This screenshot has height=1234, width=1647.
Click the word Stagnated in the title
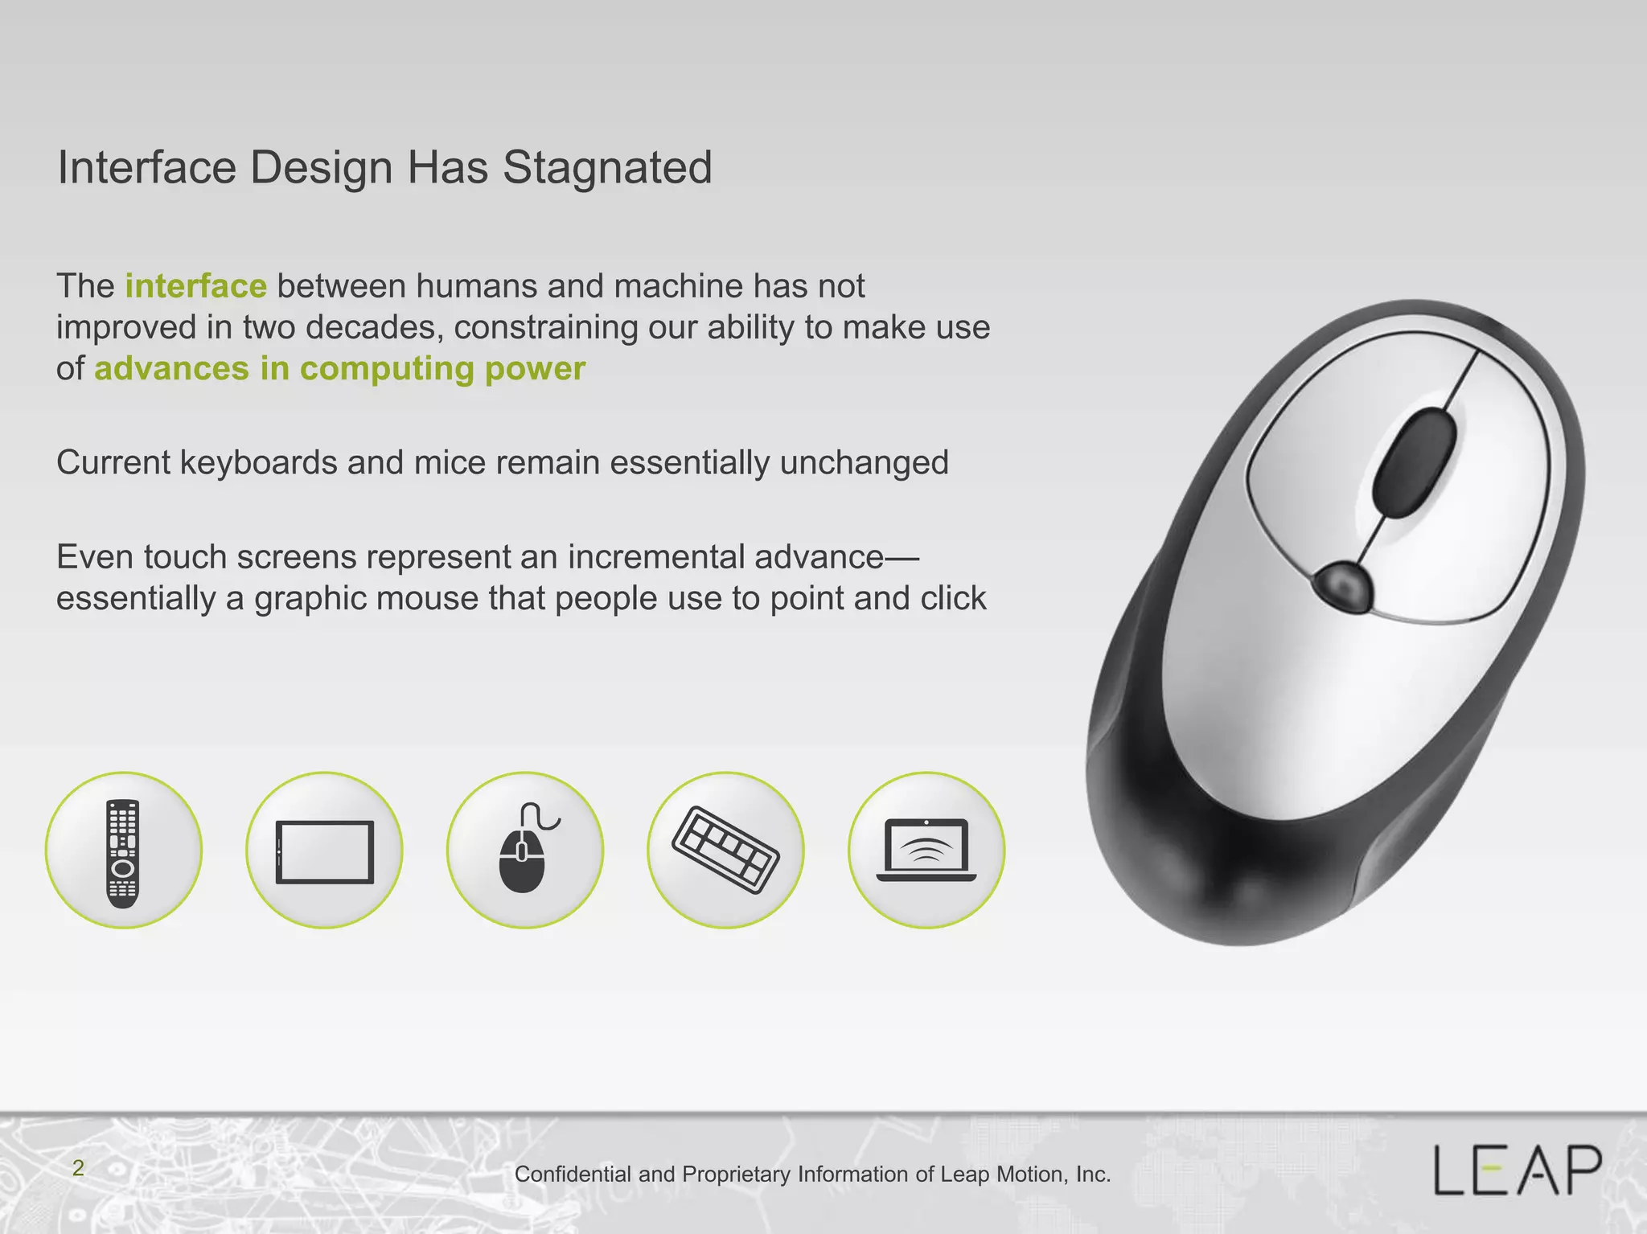607,168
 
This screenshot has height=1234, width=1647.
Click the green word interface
195,286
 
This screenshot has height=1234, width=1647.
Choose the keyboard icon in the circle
725,851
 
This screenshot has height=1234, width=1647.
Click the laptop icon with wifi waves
926,851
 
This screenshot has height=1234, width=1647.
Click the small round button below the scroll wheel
1343,584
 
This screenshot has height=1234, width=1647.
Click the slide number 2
78,1168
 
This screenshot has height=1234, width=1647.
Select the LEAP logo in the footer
1518,1170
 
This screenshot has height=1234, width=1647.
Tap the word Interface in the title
146,168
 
